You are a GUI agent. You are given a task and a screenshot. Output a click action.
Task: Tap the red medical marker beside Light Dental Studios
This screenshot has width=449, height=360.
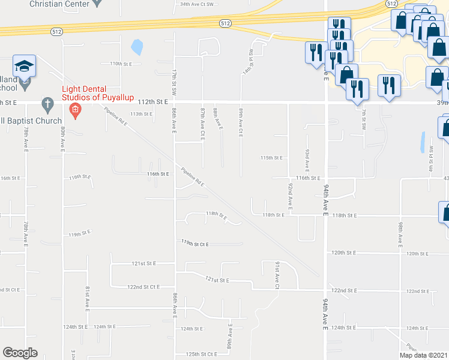coord(74,109)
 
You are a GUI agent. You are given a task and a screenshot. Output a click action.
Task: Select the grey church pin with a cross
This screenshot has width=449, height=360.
coord(47,104)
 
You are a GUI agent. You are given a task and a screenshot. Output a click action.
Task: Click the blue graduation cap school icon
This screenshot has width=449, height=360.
coord(24,65)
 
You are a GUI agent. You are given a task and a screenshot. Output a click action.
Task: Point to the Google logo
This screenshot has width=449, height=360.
coord(20,353)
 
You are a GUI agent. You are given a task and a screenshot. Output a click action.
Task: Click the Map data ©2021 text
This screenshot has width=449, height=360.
coord(423,355)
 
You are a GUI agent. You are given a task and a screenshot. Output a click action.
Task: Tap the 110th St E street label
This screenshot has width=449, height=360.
coord(119,63)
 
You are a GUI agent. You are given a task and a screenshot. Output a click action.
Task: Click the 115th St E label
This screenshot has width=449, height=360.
coord(271,158)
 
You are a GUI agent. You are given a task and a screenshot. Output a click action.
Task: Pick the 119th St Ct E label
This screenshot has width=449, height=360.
coord(195,244)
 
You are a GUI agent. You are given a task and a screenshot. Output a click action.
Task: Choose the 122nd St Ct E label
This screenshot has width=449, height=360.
coord(143,287)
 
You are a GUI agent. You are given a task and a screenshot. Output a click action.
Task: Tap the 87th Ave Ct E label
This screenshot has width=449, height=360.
coord(202,125)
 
